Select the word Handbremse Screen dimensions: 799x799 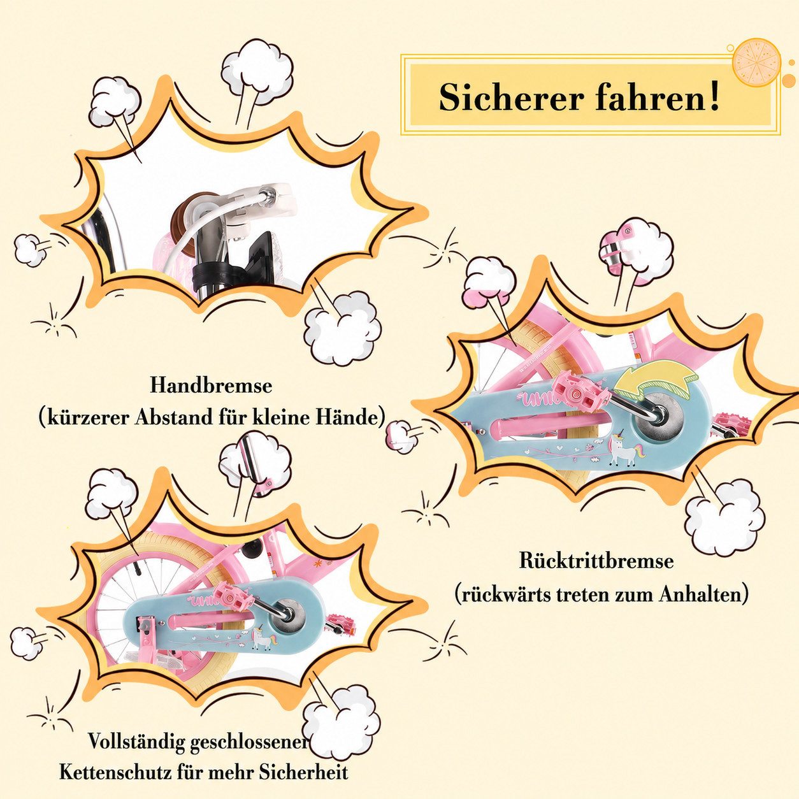pos(211,385)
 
